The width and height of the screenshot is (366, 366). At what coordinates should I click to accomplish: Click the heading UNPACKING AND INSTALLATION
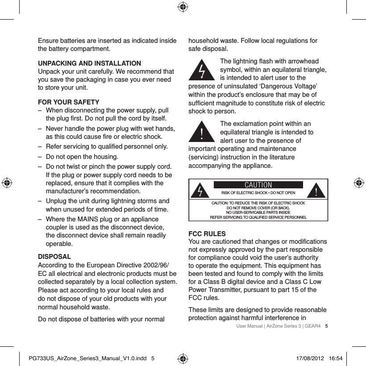tap(89, 63)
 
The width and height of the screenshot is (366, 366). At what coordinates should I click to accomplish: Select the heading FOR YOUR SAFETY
tap(68, 103)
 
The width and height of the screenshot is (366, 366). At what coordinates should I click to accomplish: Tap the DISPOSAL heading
tap(54, 257)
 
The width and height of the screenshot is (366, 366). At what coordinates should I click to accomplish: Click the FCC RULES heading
tap(208, 234)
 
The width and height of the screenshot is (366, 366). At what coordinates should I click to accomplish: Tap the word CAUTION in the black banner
tap(258, 185)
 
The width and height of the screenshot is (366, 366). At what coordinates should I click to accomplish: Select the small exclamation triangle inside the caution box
tap(316, 191)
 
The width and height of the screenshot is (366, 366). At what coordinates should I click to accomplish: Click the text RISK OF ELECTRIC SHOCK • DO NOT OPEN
tap(258, 193)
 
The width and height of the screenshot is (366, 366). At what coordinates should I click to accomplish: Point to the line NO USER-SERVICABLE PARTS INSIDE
tap(258, 212)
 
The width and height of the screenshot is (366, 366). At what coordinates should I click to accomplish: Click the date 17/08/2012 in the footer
tap(310, 358)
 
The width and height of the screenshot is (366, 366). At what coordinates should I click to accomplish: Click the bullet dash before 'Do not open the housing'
tap(40, 157)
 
